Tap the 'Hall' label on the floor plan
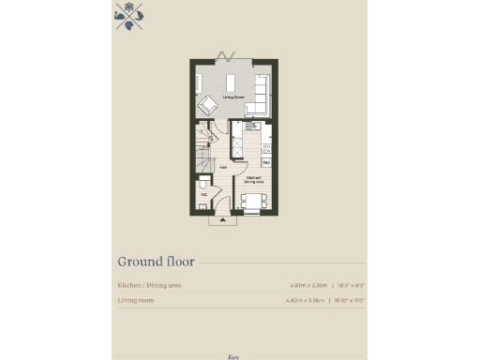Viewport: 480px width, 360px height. (x=223, y=168)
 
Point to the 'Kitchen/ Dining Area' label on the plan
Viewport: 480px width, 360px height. (x=253, y=178)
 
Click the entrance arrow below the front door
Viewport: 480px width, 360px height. (x=223, y=221)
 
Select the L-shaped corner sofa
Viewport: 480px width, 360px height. (x=260, y=95)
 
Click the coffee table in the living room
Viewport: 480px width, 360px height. (x=231, y=82)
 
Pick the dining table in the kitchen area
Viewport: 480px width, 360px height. (x=252, y=200)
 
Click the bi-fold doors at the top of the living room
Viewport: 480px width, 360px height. (x=229, y=61)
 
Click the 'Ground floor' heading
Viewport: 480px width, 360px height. (x=150, y=262)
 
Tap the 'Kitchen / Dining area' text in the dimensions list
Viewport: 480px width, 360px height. (x=150, y=284)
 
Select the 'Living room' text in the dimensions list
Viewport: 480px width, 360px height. (x=136, y=301)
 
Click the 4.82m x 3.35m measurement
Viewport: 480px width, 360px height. (x=304, y=301)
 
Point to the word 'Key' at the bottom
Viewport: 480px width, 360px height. (x=234, y=356)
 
